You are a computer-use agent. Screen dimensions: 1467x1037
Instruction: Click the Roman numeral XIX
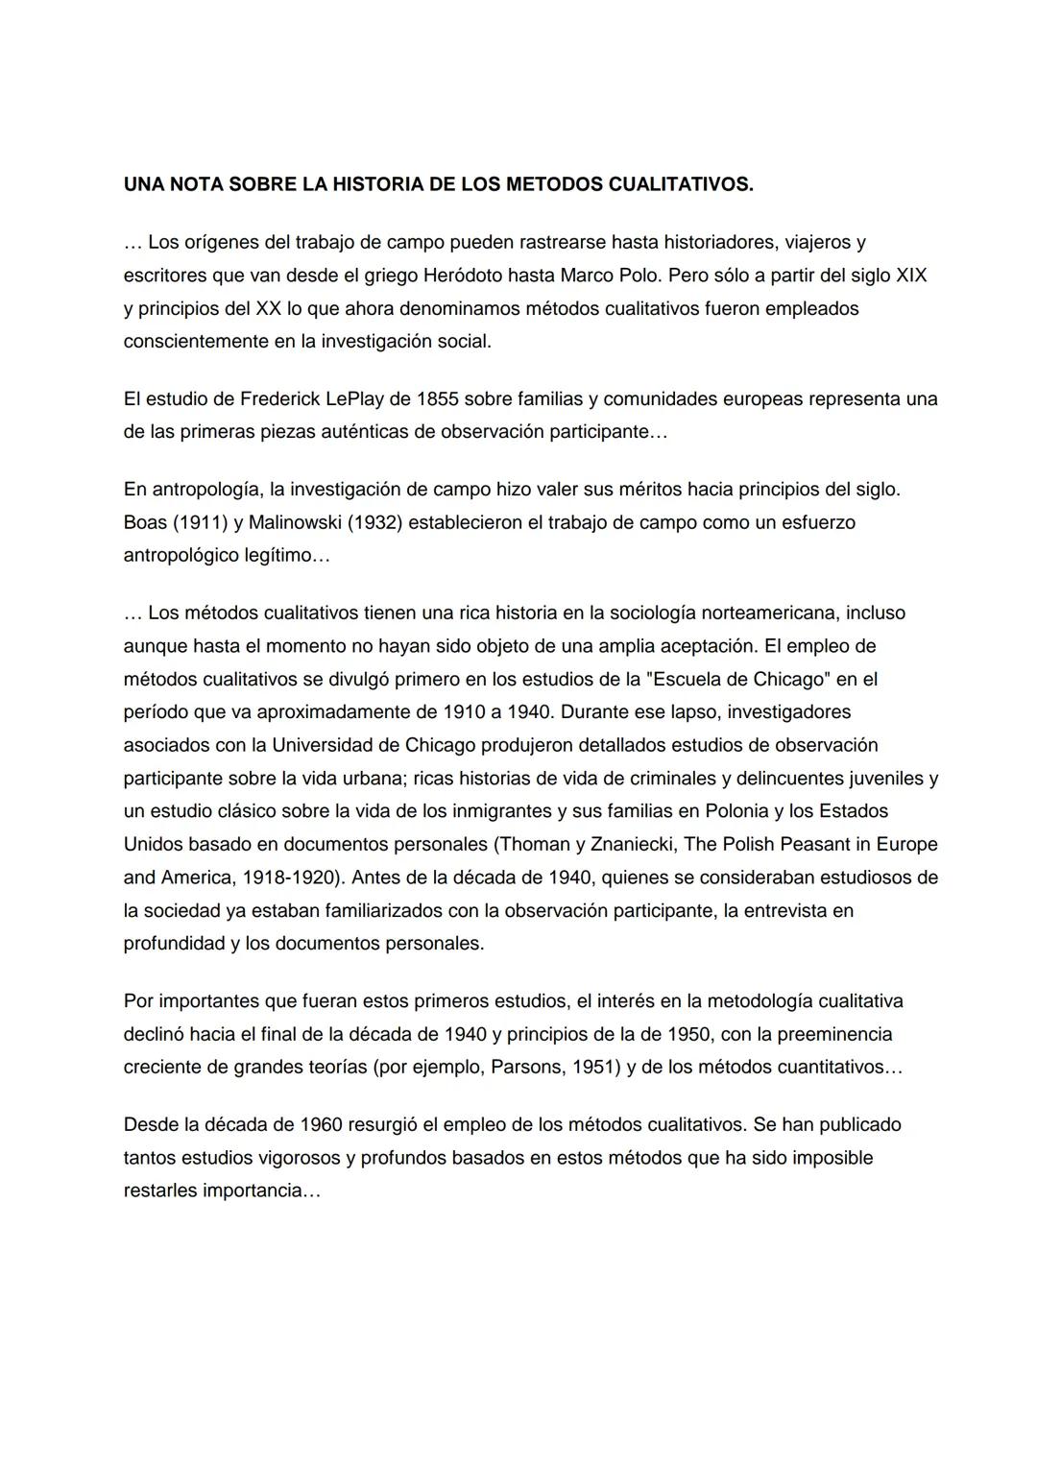pyautogui.click(x=911, y=276)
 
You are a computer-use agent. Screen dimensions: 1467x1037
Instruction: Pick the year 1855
pyautogui.click(x=437, y=398)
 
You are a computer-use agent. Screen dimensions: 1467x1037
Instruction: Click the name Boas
pyautogui.click(x=146, y=522)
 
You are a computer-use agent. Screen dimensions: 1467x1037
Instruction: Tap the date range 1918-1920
pyautogui.click(x=292, y=878)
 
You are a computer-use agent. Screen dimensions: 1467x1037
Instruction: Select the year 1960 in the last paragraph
pyautogui.click(x=331, y=1124)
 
